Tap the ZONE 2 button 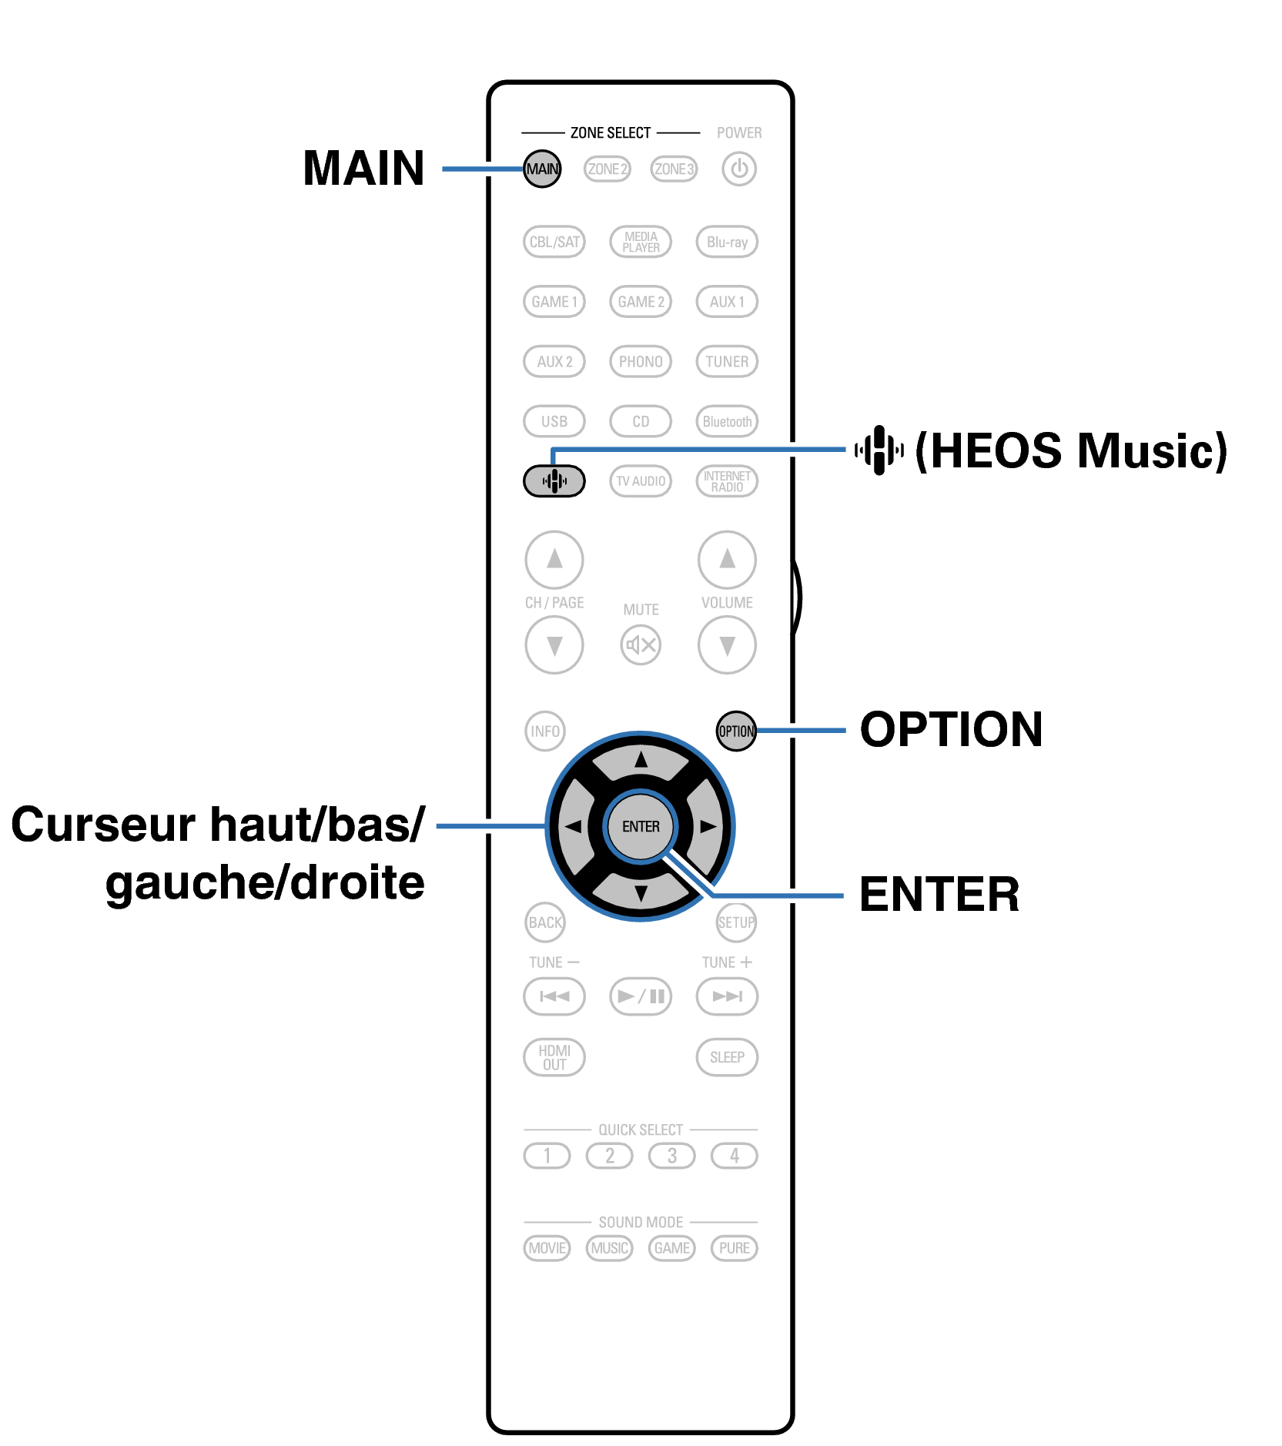[608, 169]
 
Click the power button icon [739, 169]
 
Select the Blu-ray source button [727, 242]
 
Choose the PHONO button [641, 361]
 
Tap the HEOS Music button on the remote [554, 481]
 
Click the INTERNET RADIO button [727, 481]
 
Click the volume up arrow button [727, 559]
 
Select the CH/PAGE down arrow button [554, 644]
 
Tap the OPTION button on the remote [736, 731]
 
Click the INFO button [545, 731]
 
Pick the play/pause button [641, 996]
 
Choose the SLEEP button [727, 1057]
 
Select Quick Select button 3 [672, 1156]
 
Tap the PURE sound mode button [735, 1248]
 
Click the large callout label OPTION [951, 729]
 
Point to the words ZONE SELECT [611, 132]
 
